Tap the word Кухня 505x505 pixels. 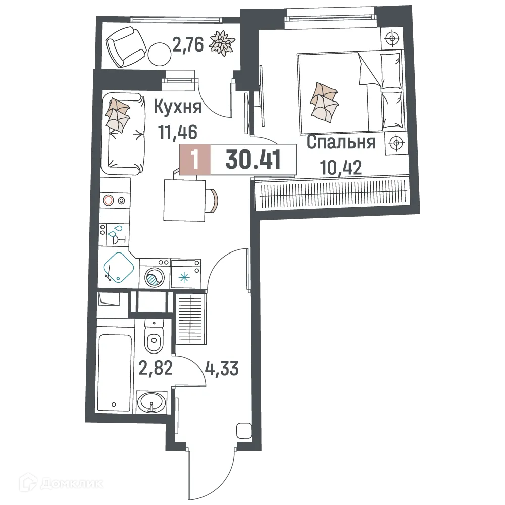pyautogui.click(x=177, y=107)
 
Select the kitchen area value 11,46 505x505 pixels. pyautogui.click(x=177, y=132)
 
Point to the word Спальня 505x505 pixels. pyautogui.click(x=341, y=143)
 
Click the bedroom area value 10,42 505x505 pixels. pyautogui.click(x=341, y=166)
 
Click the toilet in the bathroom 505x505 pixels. pyautogui.click(x=154, y=337)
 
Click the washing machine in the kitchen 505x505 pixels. pyautogui.click(x=154, y=275)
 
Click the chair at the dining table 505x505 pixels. pyautogui.click(x=213, y=200)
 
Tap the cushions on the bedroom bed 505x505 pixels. pyautogui.click(x=323, y=102)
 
